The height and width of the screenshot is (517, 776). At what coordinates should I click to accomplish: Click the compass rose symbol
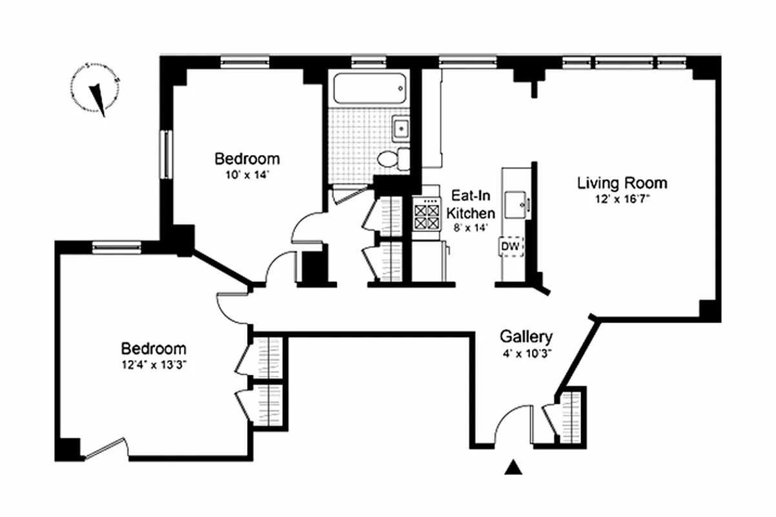click(97, 90)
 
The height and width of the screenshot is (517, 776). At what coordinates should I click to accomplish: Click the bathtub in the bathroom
click(369, 89)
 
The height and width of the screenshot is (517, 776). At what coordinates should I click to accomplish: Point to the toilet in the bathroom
click(391, 159)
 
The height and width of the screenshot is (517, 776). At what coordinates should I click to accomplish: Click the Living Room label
click(622, 183)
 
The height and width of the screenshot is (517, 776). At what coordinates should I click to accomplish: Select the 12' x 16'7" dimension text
click(622, 200)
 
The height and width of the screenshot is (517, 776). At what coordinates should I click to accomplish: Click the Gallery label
click(526, 337)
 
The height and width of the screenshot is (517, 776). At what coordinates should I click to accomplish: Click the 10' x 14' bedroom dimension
click(247, 174)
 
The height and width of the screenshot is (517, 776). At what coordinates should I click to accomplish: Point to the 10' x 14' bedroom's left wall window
click(166, 154)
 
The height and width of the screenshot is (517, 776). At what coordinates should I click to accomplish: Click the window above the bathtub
click(369, 62)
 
